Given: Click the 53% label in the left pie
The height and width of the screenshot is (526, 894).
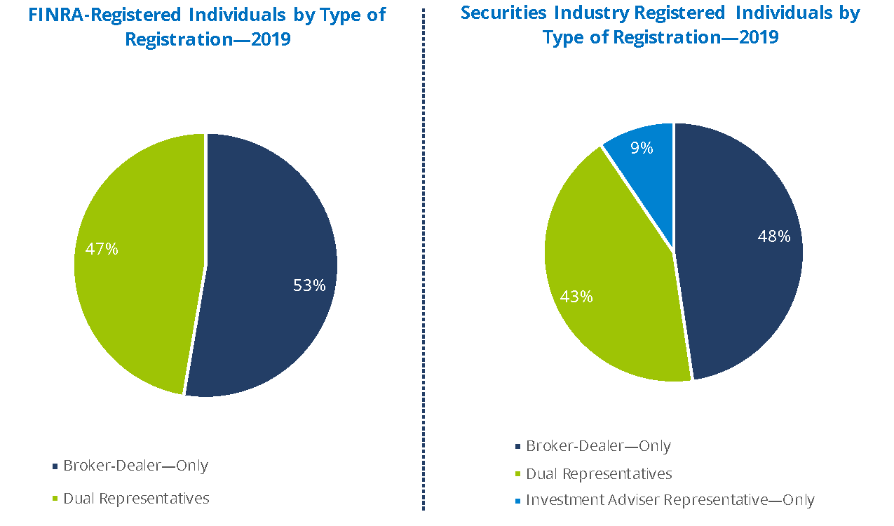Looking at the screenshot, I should click(309, 285).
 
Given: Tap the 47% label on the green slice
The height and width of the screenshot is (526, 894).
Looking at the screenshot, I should click(102, 249).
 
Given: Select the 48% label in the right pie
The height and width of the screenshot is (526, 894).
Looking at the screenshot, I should click(773, 236).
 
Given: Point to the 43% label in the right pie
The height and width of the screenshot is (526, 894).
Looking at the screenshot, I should click(576, 297).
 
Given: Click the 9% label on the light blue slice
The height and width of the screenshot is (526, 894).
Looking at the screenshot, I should click(642, 148).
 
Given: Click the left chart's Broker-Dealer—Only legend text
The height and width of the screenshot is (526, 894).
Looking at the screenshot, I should click(135, 466).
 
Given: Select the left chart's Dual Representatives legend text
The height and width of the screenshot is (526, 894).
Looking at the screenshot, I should click(136, 499).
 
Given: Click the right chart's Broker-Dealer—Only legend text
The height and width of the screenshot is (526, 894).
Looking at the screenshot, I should click(598, 446).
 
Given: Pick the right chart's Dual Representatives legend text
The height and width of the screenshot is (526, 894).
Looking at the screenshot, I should click(599, 474).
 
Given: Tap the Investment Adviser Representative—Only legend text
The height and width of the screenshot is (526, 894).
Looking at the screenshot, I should click(670, 500).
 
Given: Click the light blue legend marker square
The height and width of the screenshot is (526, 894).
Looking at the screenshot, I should click(518, 501).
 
